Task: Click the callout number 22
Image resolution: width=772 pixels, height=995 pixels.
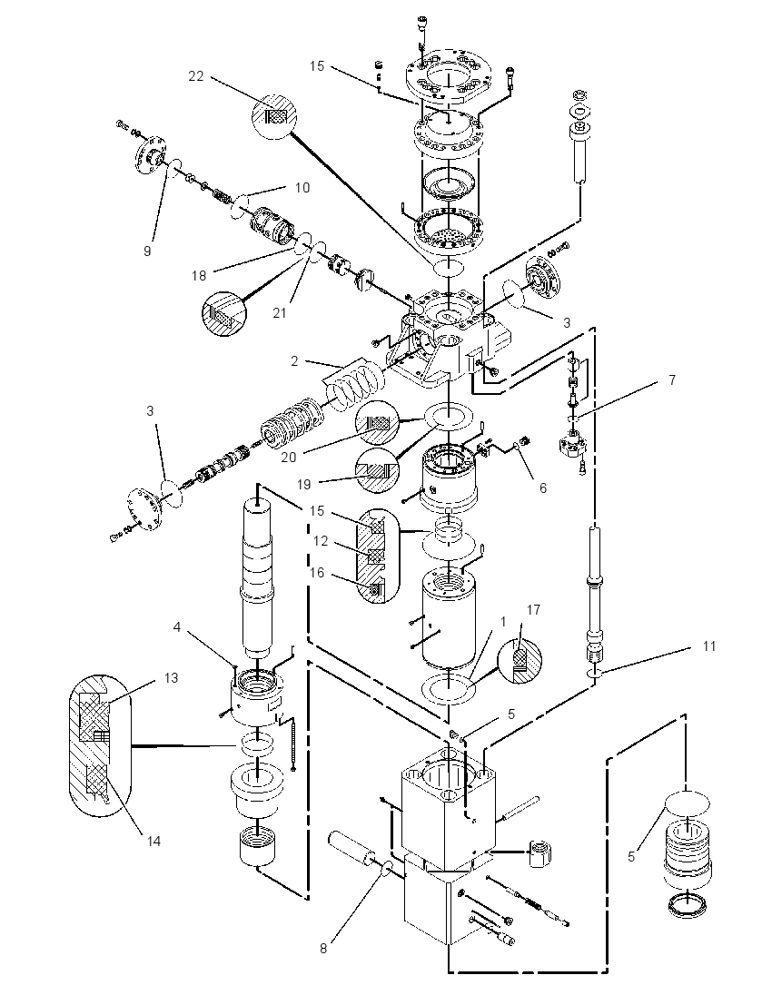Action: (x=196, y=75)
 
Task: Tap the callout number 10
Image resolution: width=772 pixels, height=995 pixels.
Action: (x=302, y=187)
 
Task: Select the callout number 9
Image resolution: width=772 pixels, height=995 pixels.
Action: (x=147, y=251)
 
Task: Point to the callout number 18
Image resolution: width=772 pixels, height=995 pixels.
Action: (x=199, y=275)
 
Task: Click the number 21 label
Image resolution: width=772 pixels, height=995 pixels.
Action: (x=280, y=313)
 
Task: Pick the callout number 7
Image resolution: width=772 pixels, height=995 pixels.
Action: (x=672, y=379)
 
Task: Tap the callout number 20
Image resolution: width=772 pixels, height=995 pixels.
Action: (x=288, y=457)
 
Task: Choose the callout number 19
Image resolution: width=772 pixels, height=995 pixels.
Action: (x=304, y=484)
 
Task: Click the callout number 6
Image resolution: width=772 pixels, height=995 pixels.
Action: (x=543, y=488)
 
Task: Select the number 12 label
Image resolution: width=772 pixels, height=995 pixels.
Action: (x=321, y=541)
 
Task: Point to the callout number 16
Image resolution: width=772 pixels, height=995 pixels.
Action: (x=316, y=572)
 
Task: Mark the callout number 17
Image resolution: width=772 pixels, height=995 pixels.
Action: (x=533, y=609)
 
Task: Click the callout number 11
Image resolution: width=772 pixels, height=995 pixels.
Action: (x=709, y=645)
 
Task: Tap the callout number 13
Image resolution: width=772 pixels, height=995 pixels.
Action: (x=171, y=678)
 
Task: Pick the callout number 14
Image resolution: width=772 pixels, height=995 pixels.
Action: (x=153, y=841)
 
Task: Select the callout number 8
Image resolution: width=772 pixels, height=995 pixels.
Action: (x=323, y=948)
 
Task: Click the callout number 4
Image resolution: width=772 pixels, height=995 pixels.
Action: (x=177, y=627)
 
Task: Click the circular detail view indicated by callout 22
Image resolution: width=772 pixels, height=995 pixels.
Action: (x=273, y=117)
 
